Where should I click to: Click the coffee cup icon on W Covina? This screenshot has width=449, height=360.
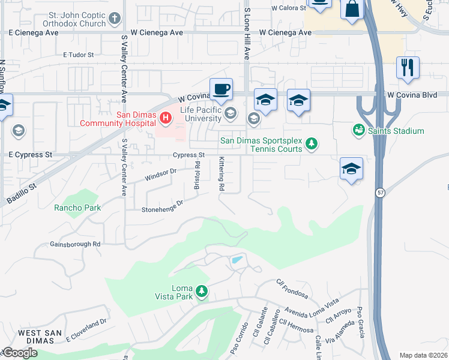[x=221, y=89]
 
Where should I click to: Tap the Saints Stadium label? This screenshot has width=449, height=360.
[x=396, y=131]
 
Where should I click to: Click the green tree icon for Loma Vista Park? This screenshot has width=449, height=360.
[x=202, y=292]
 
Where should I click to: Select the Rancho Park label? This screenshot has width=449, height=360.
[x=77, y=208]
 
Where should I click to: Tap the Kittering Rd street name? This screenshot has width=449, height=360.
[x=221, y=174]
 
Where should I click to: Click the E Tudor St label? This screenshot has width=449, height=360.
[x=78, y=55]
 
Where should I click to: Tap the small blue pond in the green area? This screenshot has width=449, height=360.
[x=237, y=260]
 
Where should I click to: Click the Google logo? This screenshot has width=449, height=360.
[x=19, y=353]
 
